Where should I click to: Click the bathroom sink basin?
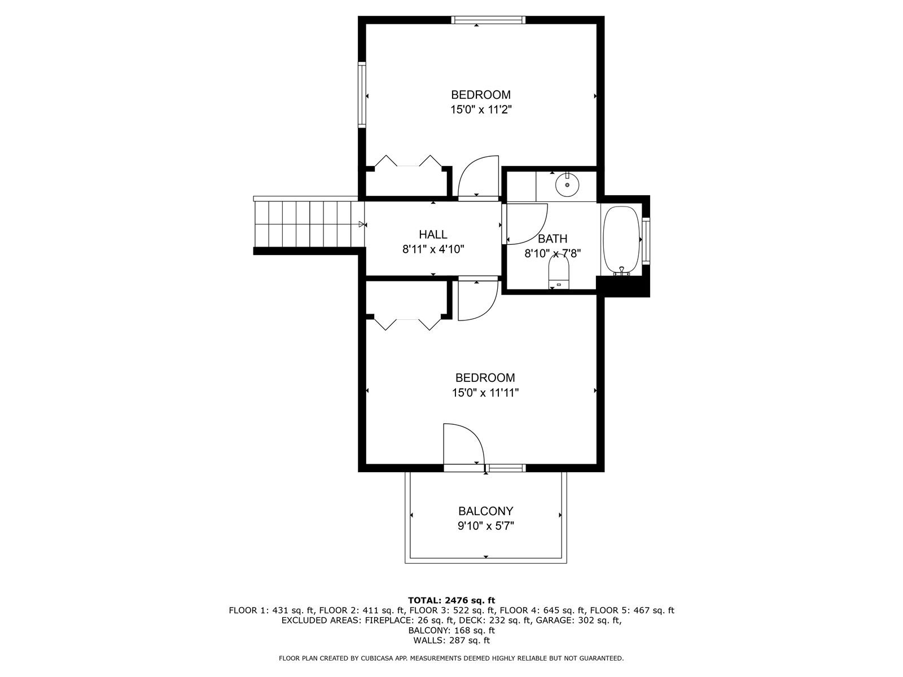pyautogui.click(x=567, y=184)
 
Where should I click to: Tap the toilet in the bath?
pyautogui.click(x=559, y=275)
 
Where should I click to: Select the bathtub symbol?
pyautogui.click(x=621, y=240)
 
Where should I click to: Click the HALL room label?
pyautogui.click(x=433, y=234)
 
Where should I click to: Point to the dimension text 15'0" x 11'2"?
pyautogui.click(x=480, y=109)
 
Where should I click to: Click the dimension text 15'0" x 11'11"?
pyautogui.click(x=485, y=393)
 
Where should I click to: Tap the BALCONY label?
pyautogui.click(x=485, y=511)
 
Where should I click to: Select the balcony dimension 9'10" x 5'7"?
pyautogui.click(x=485, y=526)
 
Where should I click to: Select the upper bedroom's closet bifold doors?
pyautogui.click(x=408, y=162)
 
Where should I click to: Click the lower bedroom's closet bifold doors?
pyautogui.click(x=407, y=324)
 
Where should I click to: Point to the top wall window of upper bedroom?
pyautogui.click(x=488, y=20)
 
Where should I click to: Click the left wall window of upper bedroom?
pyautogui.click(x=362, y=94)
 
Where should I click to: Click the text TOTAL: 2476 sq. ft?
pyautogui.click(x=451, y=600)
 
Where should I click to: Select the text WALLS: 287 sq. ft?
pyautogui.click(x=451, y=640)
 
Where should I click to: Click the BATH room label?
pyautogui.click(x=553, y=239)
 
